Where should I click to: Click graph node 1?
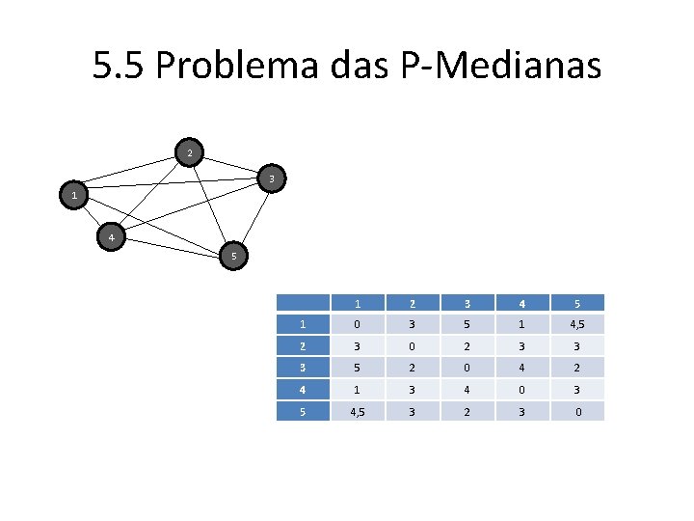(x=74, y=196)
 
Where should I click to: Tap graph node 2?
(x=190, y=153)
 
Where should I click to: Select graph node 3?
(x=273, y=179)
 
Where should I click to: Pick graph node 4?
(x=112, y=237)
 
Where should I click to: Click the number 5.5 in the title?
(x=118, y=67)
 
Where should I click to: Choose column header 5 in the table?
(x=578, y=303)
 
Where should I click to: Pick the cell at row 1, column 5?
(x=578, y=324)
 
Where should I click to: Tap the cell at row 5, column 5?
(x=578, y=411)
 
